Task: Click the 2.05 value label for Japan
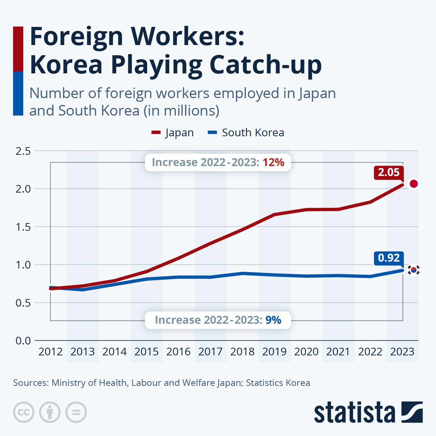pos(389,172)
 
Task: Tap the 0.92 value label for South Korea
pos(389,258)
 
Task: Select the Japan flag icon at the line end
pos(413,184)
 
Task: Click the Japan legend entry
pos(173,133)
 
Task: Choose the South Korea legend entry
pos(246,133)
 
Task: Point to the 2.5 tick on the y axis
pos(23,151)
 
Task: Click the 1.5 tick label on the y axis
pos(23,227)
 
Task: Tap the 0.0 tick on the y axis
pos(23,340)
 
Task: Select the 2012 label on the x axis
pos(51,352)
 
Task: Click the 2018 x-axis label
pos(242,352)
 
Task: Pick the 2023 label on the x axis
pos(402,352)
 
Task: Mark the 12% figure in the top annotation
pos(273,162)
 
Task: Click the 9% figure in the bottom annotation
pos(273,320)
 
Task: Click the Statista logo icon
pos(412,412)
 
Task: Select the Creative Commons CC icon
pos(24,412)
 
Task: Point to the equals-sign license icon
pos(76,412)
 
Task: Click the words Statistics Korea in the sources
pos(278,383)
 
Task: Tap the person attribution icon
pos(50,412)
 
